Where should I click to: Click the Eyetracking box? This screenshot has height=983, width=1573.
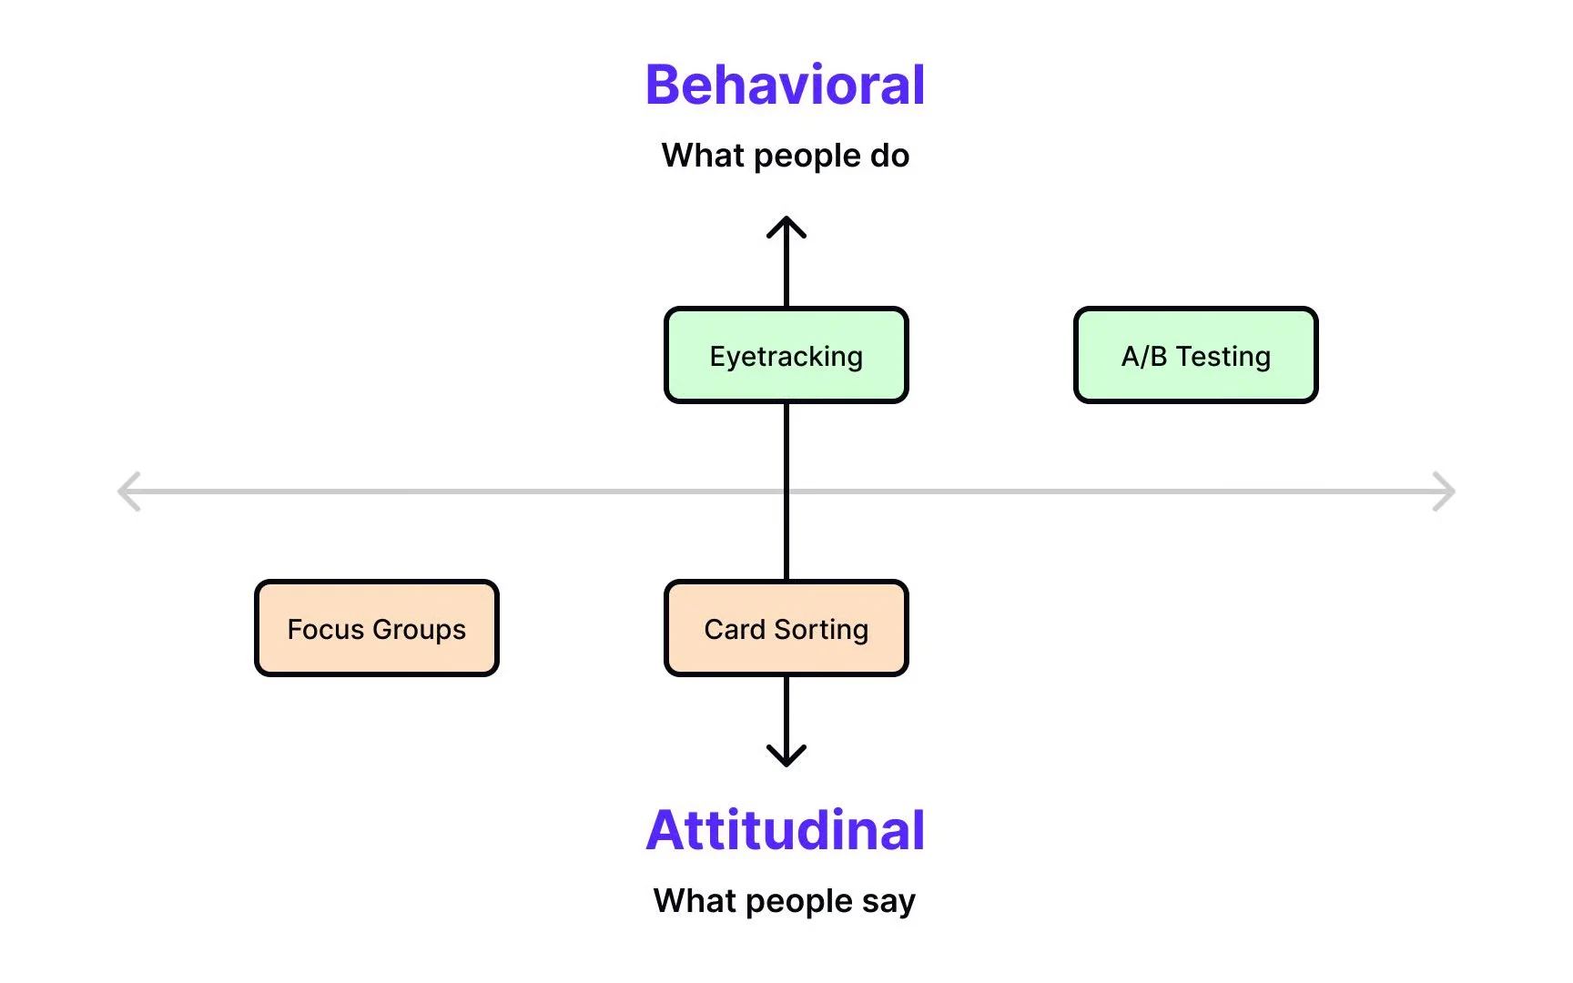(786, 355)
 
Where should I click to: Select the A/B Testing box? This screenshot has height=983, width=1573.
(1195, 355)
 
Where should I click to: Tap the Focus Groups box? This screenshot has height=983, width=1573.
(376, 628)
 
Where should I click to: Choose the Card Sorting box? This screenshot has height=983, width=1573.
(786, 628)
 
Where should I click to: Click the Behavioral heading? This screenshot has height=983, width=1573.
(785, 85)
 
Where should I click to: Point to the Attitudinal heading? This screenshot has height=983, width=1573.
(785, 830)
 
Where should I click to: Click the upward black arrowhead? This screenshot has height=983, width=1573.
(786, 224)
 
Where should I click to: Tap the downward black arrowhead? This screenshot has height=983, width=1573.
(786, 758)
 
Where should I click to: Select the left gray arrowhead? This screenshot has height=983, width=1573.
(127, 491)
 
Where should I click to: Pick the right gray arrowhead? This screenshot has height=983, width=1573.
(1446, 491)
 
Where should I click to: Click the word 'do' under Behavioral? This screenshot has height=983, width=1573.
(889, 156)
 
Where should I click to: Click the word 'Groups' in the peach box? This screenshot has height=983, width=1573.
(419, 629)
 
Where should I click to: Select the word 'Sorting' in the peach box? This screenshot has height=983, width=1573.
(821, 629)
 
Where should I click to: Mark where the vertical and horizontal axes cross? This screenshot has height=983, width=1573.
(786, 491)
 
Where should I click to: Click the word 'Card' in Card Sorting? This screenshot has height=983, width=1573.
(735, 629)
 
